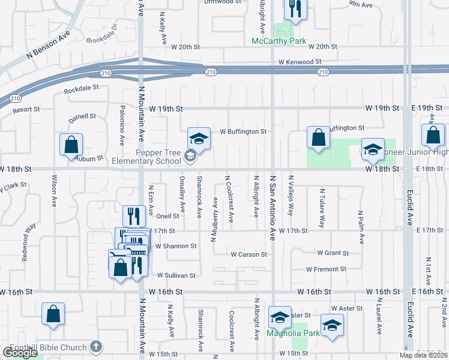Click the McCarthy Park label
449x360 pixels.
[279, 41]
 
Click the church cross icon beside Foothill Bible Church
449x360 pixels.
[95, 346]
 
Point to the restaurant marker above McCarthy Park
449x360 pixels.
[294, 8]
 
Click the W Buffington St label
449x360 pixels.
[243, 131]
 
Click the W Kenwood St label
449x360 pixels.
[300, 62]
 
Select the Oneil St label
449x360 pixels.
[167, 215]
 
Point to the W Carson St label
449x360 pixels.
[249, 254]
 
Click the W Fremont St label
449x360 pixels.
[327, 269]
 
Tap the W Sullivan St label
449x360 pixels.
[176, 275]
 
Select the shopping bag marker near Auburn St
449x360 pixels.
[71, 145]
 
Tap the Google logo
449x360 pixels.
[20, 353]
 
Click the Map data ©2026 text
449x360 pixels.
[423, 355]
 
